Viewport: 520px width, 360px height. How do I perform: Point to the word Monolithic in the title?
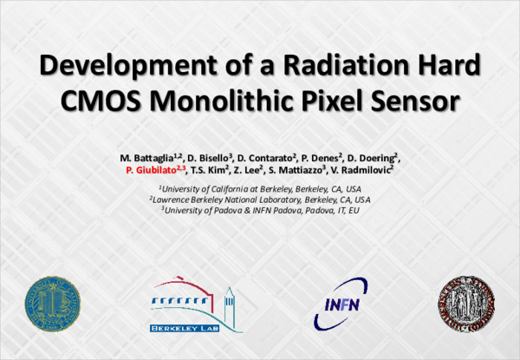pyautogui.click(x=236, y=102)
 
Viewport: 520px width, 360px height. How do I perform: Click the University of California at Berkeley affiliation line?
pyautogui.click(x=260, y=187)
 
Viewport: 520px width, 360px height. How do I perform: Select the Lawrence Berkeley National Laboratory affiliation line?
pyautogui.click(x=260, y=199)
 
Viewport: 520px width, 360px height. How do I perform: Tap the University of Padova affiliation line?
pyautogui.click(x=260, y=210)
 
